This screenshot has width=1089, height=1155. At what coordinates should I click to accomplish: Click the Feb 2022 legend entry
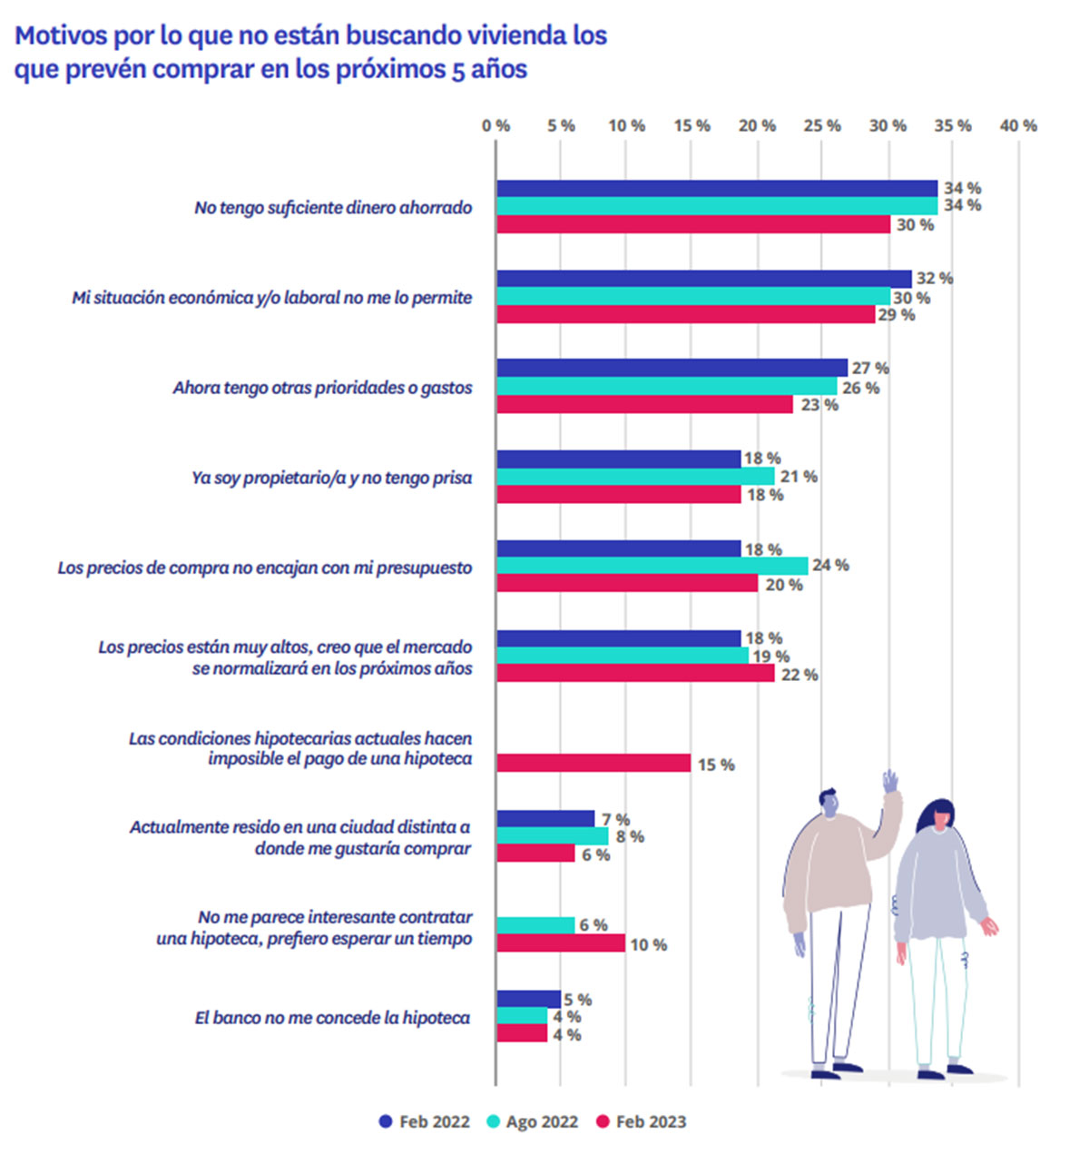[x=424, y=1121]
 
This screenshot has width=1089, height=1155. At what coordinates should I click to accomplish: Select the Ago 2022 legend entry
[x=532, y=1121]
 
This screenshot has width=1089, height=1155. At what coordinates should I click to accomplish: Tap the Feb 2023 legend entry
[x=641, y=1121]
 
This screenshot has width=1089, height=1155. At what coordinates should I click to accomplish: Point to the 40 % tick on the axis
[x=1018, y=126]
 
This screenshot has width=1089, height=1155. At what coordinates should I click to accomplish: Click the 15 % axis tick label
[x=692, y=126]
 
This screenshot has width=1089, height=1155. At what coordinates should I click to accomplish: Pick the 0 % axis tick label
[x=495, y=126]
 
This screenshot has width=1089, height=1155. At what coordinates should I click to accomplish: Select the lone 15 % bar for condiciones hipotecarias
[x=594, y=763]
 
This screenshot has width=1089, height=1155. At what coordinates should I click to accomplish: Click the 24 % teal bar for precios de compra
[x=652, y=566]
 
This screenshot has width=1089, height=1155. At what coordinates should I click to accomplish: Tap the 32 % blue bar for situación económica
[x=703, y=279]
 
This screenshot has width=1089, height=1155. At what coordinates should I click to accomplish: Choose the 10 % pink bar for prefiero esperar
[x=561, y=943]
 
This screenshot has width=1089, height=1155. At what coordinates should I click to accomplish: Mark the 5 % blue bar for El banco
[x=528, y=999]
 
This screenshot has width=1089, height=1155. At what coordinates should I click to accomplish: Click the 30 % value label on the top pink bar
[x=915, y=225]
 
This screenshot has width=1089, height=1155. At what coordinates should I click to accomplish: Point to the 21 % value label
[x=799, y=477]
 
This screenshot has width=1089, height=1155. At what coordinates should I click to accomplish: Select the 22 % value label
[x=799, y=675]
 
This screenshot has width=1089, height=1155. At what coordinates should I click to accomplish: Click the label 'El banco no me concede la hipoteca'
[x=332, y=1018]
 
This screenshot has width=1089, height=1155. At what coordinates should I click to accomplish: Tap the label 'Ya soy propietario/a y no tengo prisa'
[x=331, y=478]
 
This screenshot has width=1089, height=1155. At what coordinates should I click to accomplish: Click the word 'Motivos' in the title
[x=61, y=35]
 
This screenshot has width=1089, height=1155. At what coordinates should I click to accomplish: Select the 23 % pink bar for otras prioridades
[x=644, y=404]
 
